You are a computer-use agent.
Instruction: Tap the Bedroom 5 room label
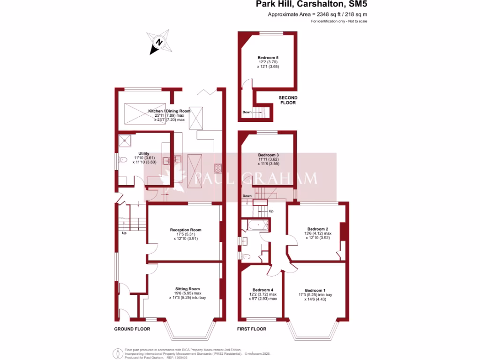(x=268, y=58)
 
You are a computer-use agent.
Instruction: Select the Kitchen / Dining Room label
(x=169, y=111)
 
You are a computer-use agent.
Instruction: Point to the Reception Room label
(x=186, y=230)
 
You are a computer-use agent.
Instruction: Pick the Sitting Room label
(x=187, y=289)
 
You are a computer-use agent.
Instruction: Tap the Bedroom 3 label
(x=269, y=155)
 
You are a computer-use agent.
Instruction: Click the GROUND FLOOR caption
(x=132, y=329)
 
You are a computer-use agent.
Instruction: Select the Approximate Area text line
(x=317, y=15)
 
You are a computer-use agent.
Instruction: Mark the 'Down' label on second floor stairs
(x=247, y=112)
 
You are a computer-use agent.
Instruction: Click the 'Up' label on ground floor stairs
(x=124, y=233)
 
